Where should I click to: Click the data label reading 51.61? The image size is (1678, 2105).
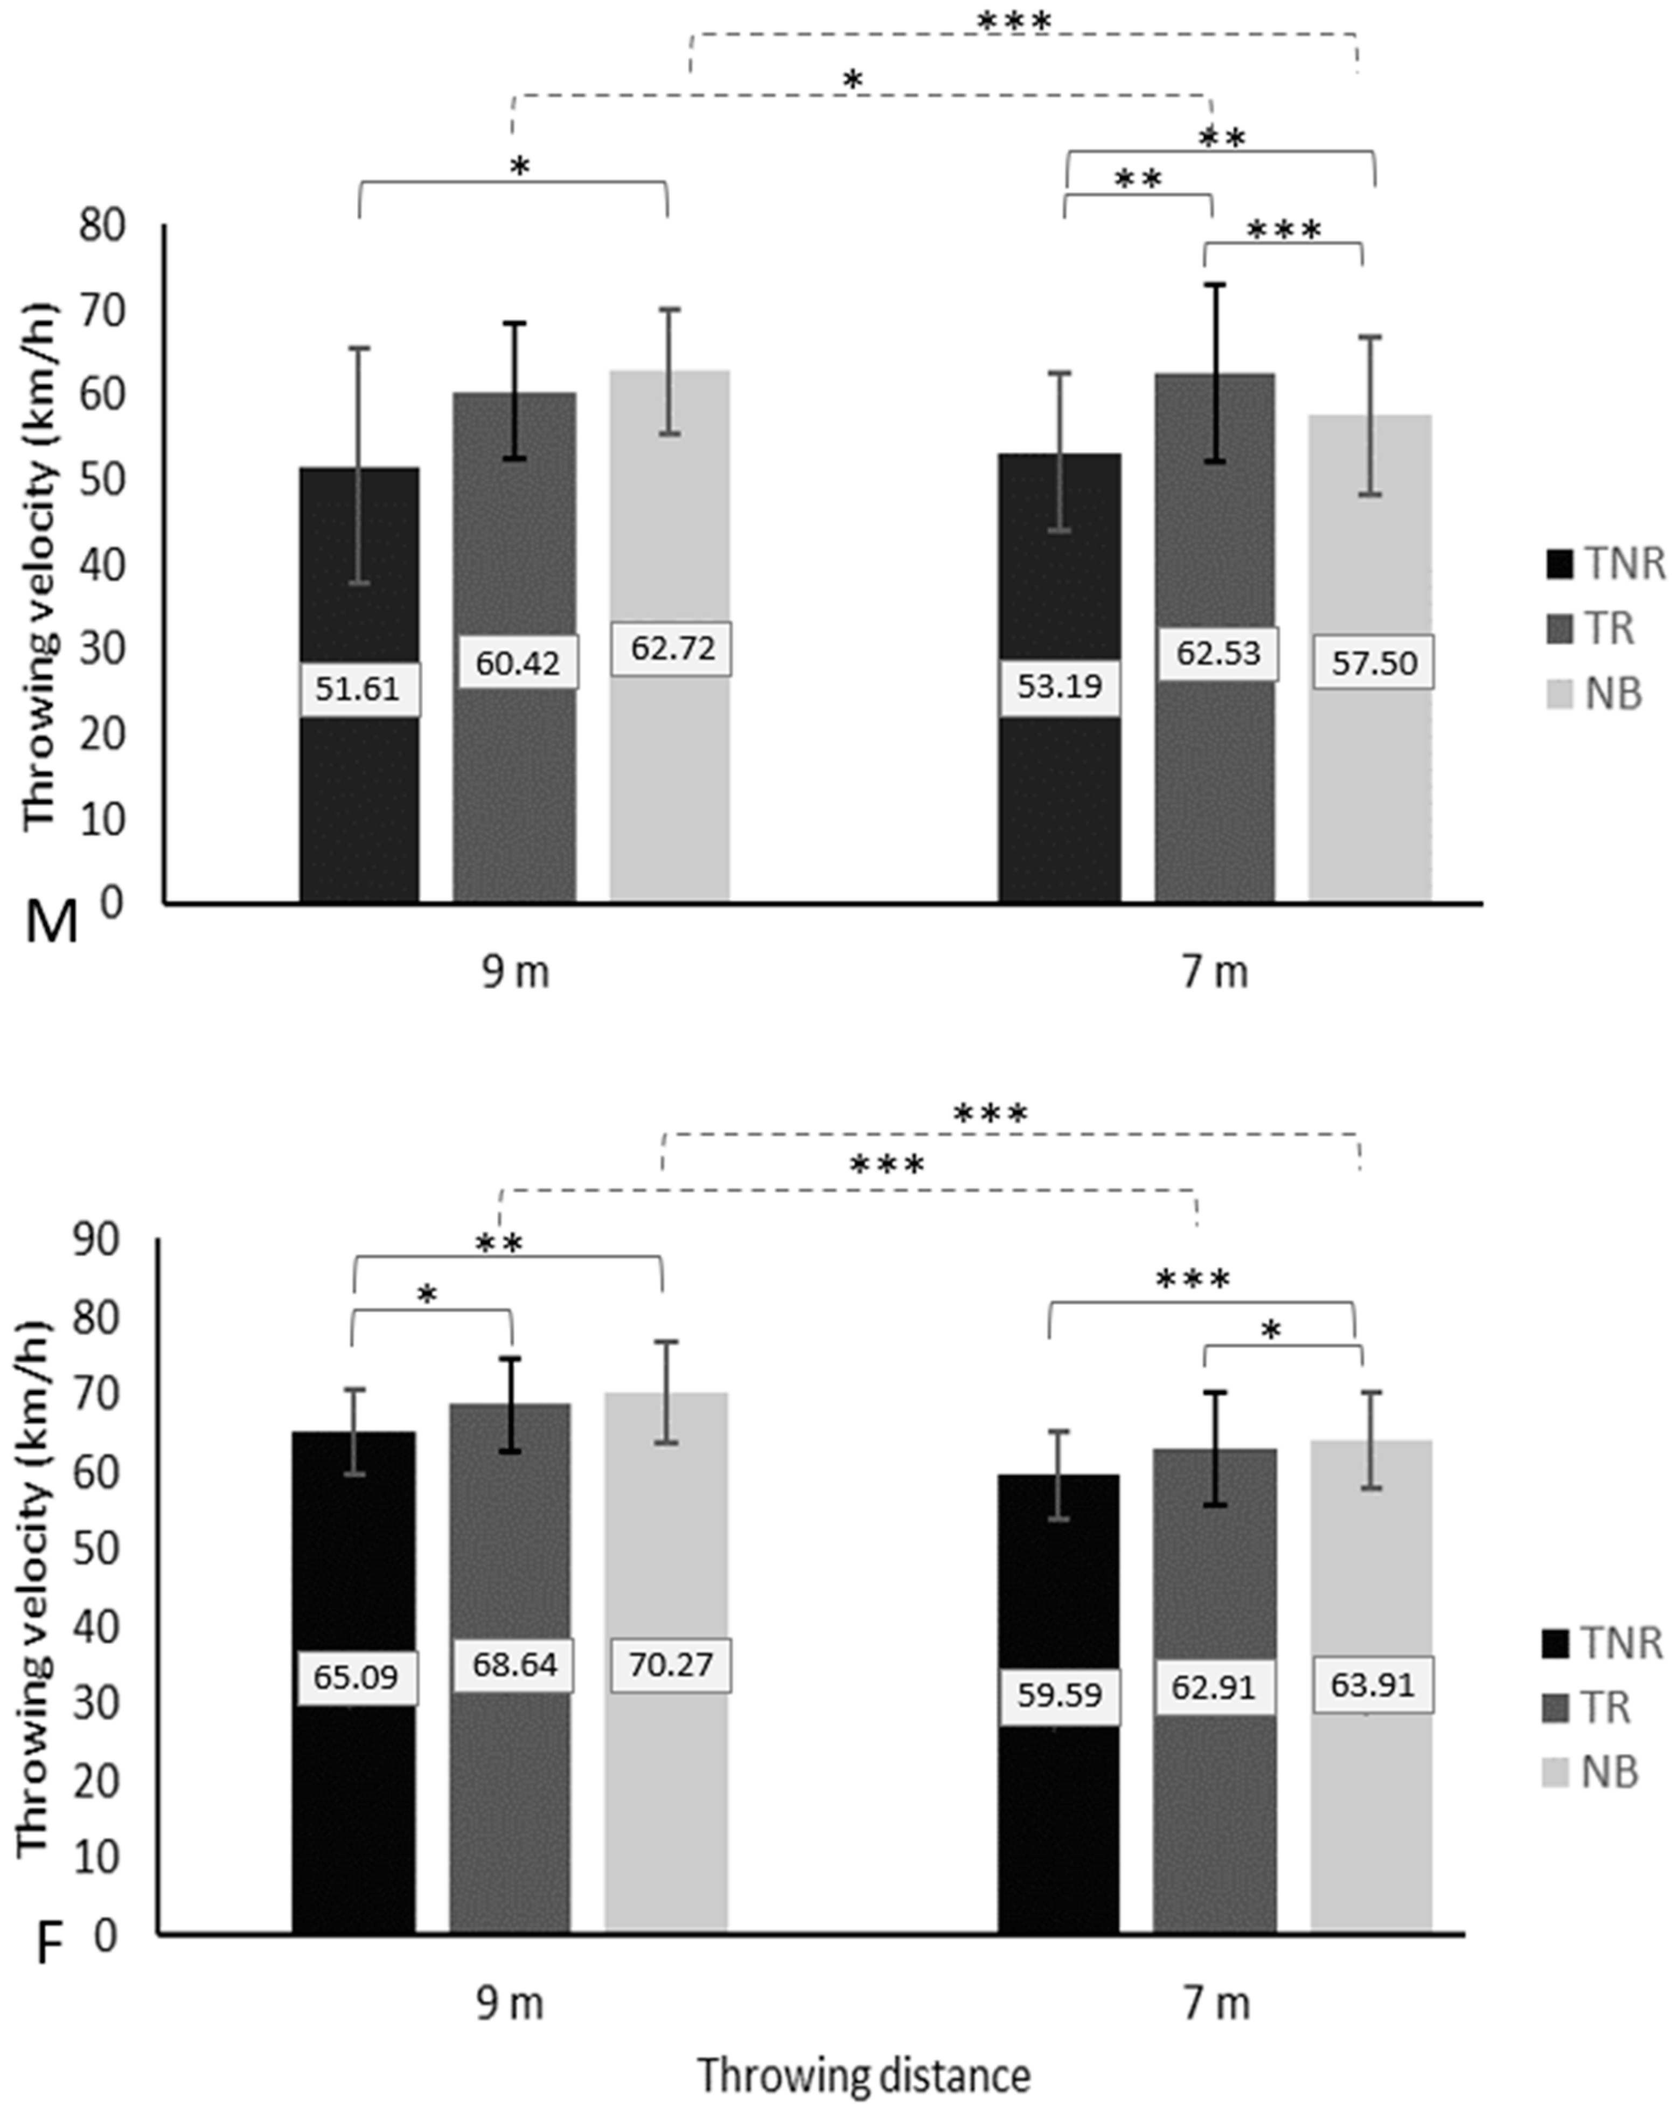coord(358,689)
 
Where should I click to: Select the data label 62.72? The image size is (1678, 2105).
coord(672,647)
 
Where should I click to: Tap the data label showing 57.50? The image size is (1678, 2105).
coord(1374,663)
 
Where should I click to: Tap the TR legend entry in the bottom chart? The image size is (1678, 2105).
coord(1586,1708)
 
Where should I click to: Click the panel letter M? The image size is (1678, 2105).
coord(51,922)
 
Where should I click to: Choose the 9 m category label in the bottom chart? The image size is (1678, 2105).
coord(510,2004)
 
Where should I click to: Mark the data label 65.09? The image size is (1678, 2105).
coord(356,1677)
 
